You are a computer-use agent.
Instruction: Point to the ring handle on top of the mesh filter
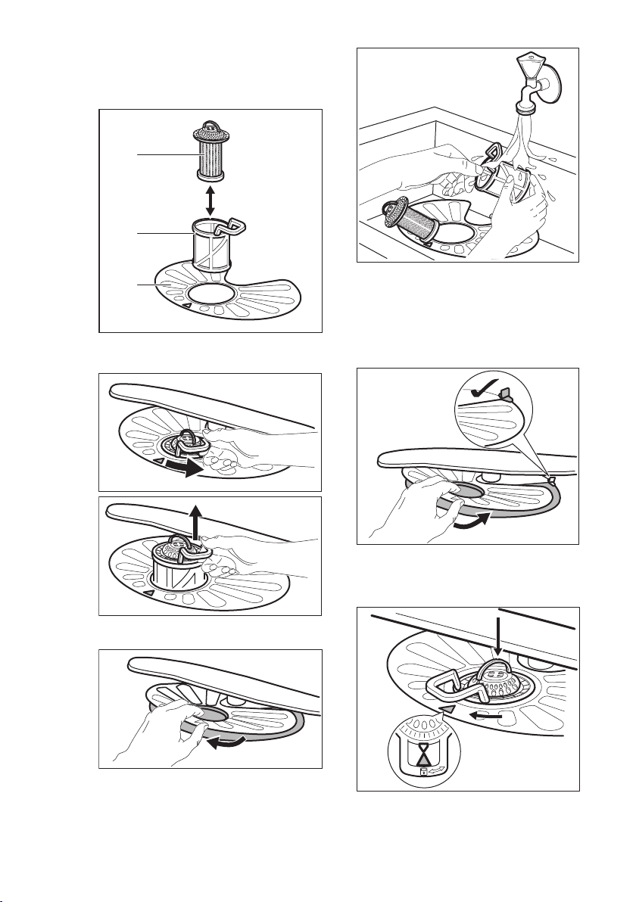(211, 121)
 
